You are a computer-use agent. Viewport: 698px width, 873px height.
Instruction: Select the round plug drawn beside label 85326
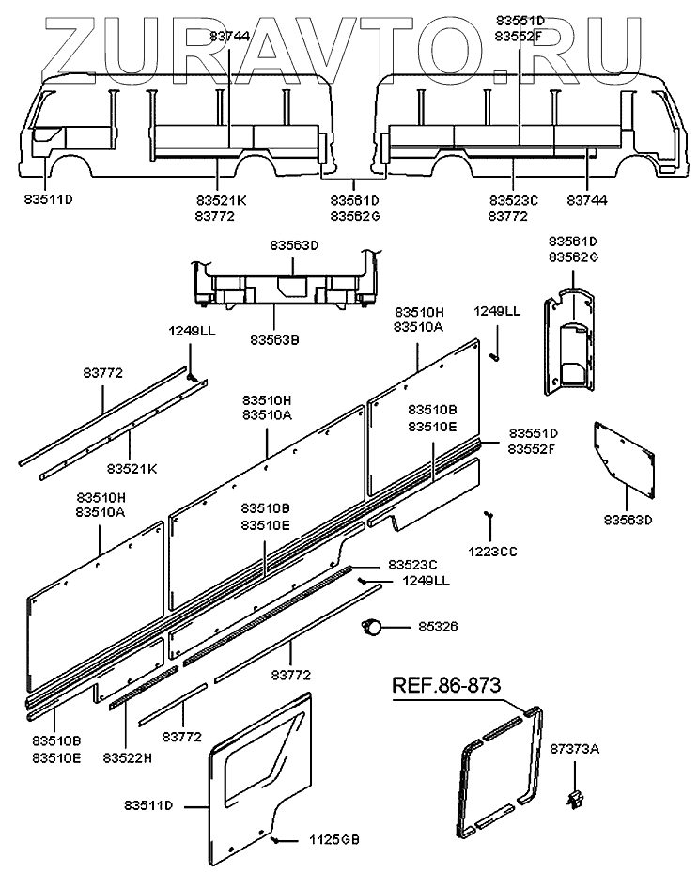373,627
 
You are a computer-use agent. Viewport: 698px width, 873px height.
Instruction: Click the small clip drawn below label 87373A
574,799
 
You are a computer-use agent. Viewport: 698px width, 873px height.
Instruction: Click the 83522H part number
127,757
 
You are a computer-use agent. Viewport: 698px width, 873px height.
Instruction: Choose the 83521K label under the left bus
222,200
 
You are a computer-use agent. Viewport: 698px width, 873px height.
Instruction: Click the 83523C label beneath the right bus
514,200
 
